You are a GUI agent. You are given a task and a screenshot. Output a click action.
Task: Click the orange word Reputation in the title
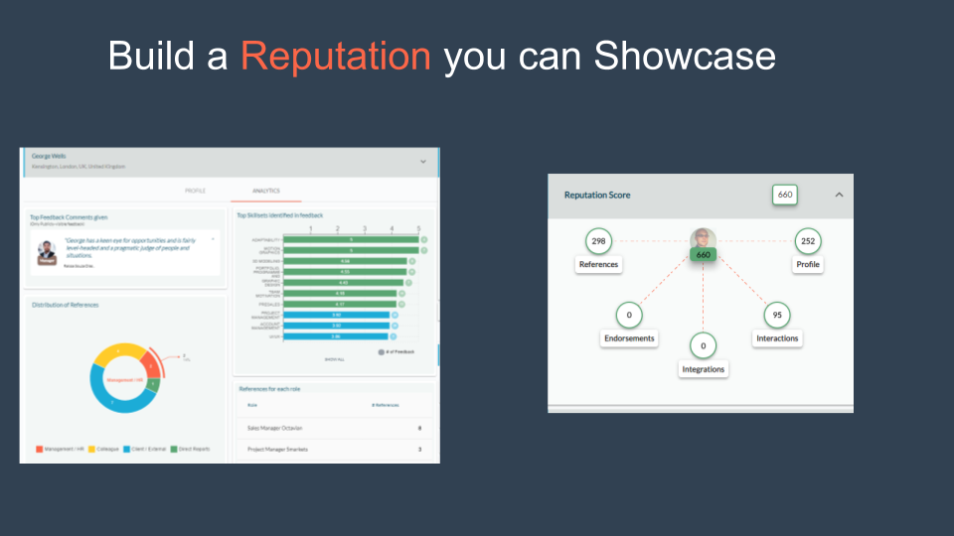pos(336,56)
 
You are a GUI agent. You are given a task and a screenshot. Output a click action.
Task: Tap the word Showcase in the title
pos(685,56)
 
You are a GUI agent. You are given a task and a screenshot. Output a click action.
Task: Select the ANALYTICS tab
pos(265,191)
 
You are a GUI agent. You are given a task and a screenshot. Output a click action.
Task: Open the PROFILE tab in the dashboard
pos(196,191)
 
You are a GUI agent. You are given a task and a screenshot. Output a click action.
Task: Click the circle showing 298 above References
pos(598,241)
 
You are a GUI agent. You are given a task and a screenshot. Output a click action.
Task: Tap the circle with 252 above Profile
pos(808,241)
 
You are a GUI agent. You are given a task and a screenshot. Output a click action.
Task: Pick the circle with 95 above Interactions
pos(777,315)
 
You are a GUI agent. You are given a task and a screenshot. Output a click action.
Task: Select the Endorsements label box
pos(629,338)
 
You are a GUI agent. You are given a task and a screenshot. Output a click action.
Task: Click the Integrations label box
pos(704,369)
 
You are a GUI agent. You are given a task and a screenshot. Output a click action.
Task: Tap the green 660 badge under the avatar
pos(704,255)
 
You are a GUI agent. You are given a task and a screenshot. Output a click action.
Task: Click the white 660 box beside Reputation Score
pos(785,195)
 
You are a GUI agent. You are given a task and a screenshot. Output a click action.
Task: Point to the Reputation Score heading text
pos(597,196)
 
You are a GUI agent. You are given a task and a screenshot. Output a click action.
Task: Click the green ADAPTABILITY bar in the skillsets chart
pos(350,239)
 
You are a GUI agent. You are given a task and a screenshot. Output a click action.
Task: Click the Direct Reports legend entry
pos(190,450)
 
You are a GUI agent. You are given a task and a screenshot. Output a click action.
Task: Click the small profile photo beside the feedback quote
pos(47,252)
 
